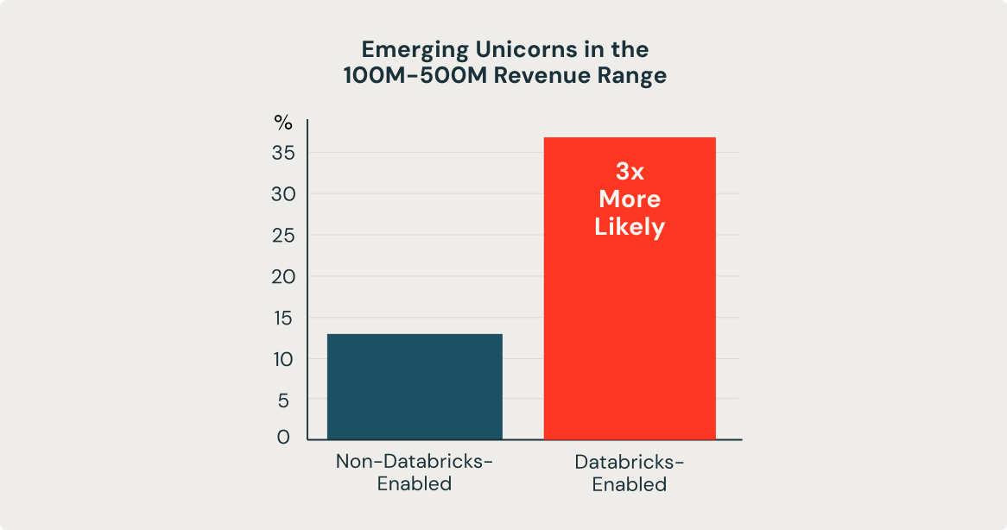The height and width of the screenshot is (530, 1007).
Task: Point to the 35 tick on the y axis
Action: click(x=284, y=154)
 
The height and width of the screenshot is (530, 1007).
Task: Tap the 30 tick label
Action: click(x=284, y=195)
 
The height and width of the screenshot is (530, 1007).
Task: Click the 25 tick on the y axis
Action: click(x=284, y=236)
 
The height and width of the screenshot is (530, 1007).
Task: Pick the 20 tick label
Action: click(x=284, y=277)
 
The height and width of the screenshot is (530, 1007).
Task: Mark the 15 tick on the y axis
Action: click(x=284, y=318)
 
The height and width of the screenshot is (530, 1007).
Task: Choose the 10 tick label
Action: click(x=284, y=359)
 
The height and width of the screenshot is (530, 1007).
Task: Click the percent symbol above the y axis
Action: click(x=283, y=123)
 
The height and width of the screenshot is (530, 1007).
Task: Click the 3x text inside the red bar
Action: click(x=630, y=171)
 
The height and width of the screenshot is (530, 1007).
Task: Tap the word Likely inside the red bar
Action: click(x=630, y=227)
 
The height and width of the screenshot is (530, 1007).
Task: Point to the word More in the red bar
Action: click(x=630, y=199)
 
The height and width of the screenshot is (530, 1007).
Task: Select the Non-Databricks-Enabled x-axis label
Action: click(x=415, y=472)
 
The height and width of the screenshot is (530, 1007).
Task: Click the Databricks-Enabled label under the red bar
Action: click(x=629, y=473)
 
